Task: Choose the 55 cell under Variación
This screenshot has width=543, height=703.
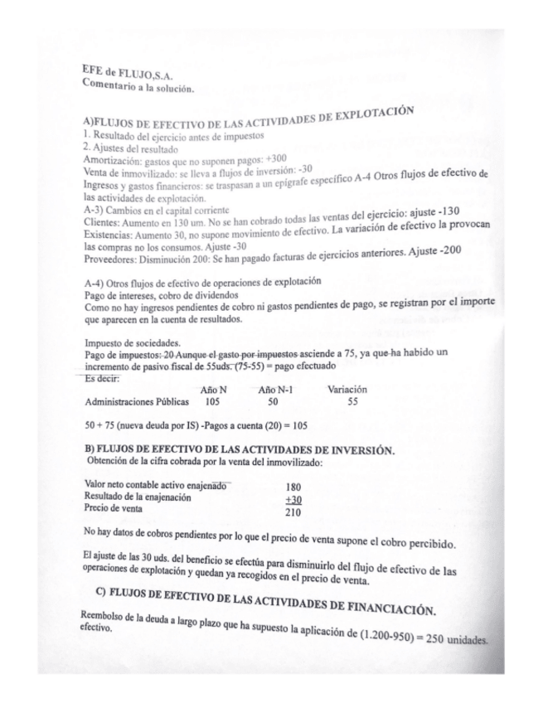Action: tap(352, 402)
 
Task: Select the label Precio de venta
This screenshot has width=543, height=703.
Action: tap(114, 507)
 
